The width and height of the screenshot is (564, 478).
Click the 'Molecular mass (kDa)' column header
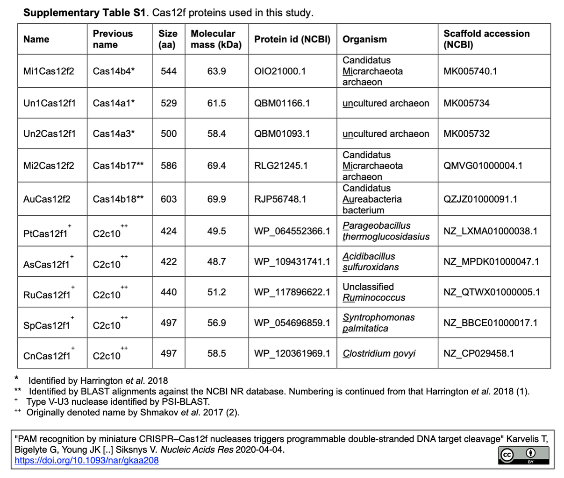(x=216, y=39)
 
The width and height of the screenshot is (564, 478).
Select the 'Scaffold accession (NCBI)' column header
(x=486, y=39)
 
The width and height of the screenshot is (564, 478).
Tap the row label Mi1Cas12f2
(x=49, y=71)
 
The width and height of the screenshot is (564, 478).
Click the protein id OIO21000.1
(x=280, y=71)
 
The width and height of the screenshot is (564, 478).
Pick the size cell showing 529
(x=169, y=103)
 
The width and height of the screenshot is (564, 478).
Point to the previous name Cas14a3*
(x=114, y=134)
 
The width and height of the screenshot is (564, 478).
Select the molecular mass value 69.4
(x=216, y=166)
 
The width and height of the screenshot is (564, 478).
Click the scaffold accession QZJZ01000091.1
(x=480, y=199)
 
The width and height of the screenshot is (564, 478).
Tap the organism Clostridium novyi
(x=379, y=353)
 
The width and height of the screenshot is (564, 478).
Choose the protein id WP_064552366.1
(x=292, y=231)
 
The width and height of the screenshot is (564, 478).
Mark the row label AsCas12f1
(x=46, y=264)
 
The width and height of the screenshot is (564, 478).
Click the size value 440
(x=169, y=292)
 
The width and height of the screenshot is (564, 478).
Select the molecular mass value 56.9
(x=216, y=323)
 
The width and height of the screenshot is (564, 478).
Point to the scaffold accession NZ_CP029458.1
(x=478, y=353)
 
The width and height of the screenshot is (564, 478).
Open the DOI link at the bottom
(x=86, y=460)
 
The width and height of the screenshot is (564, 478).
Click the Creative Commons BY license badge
(x=523, y=455)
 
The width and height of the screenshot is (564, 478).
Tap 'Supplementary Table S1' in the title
(x=85, y=13)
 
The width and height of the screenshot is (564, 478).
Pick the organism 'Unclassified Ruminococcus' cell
(x=373, y=292)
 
